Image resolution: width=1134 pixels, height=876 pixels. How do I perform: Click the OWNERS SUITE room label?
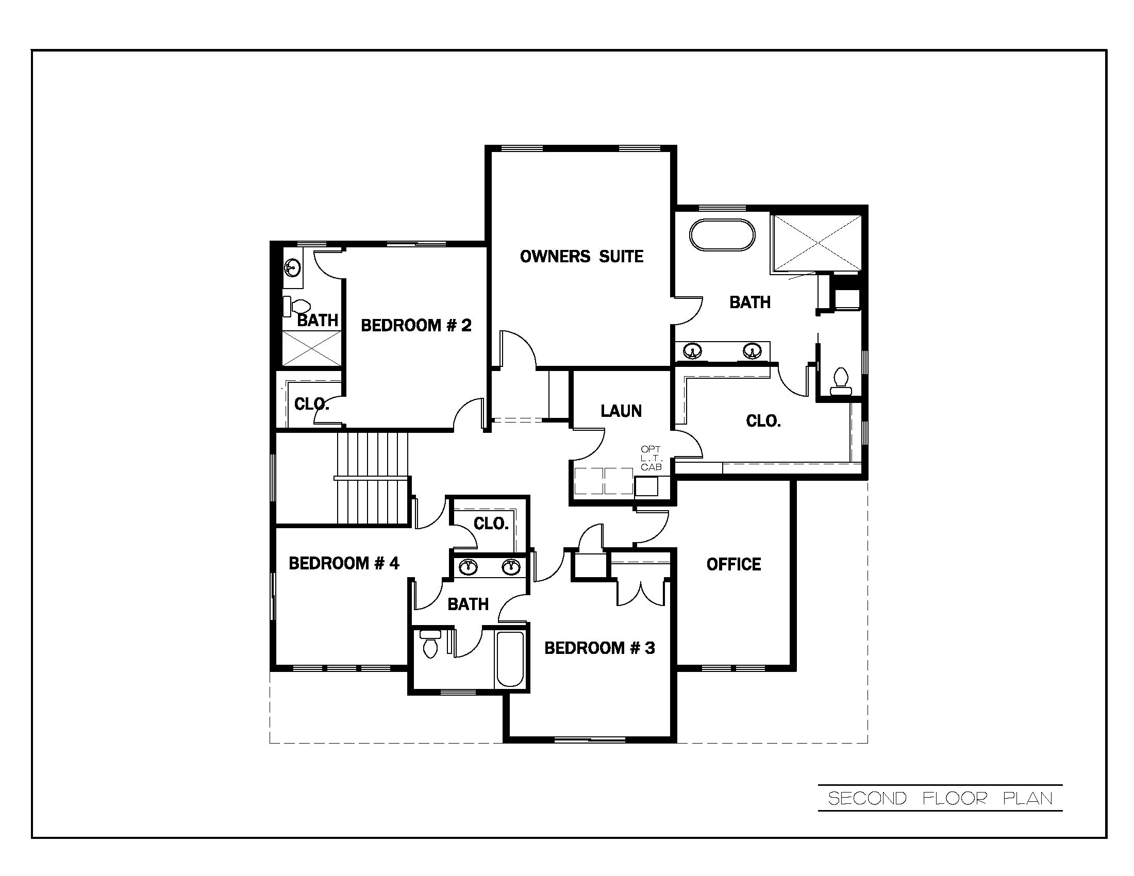[581, 257]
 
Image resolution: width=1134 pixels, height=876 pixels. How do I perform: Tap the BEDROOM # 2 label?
[416, 325]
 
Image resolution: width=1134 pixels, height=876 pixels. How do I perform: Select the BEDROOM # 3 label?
[599, 648]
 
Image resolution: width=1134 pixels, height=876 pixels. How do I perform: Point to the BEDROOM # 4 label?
[344, 563]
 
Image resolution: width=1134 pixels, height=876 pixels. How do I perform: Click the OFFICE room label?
[733, 564]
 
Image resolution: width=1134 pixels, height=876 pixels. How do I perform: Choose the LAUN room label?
[621, 411]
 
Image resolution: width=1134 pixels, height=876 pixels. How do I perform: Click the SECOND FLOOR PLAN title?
[940, 798]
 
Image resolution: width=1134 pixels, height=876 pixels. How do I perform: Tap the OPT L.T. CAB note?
[651, 458]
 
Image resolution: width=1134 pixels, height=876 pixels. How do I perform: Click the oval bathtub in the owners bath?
[722, 235]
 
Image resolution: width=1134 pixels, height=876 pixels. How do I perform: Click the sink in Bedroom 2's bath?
[292, 268]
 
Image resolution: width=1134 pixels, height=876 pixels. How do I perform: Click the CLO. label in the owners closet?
[763, 420]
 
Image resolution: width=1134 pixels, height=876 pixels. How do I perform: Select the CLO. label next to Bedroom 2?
[311, 404]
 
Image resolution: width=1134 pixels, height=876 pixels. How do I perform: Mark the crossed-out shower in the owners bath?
[817, 243]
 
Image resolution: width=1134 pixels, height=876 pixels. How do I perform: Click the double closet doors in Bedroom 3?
[641, 593]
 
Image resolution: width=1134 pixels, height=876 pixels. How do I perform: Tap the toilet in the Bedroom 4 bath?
[430, 645]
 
